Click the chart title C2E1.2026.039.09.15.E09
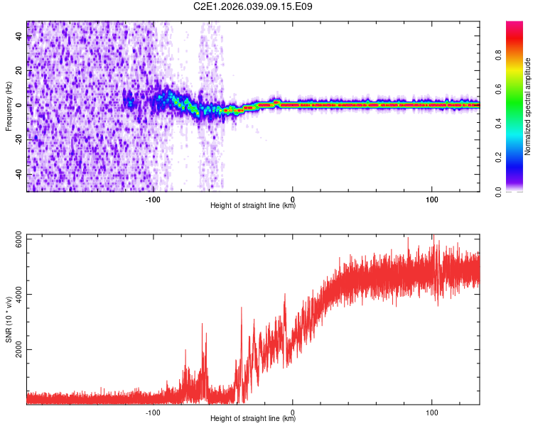[x=253, y=6]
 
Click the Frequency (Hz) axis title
[x=9, y=106]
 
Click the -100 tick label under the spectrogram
[x=154, y=199]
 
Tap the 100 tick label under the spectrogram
[x=432, y=199]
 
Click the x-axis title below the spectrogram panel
[x=253, y=206]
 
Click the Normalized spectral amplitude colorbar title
[x=528, y=106]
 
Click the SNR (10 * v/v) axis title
[x=9, y=319]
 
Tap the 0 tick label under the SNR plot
[x=293, y=412]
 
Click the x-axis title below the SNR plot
[x=253, y=419]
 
